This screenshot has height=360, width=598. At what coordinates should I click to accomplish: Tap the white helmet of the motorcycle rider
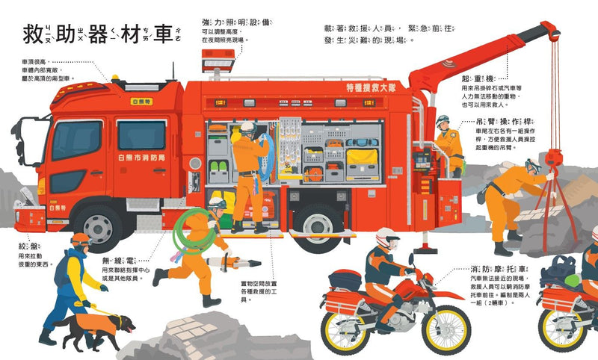tap(387, 238)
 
